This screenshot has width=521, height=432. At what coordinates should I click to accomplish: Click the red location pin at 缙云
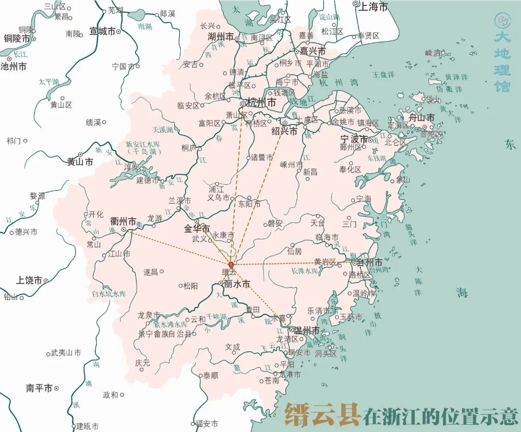pos(231,265)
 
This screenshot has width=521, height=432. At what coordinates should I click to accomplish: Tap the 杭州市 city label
pos(261,103)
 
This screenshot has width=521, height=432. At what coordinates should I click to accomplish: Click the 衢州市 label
pos(123,222)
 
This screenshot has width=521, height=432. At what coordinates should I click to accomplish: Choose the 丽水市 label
pos(237,284)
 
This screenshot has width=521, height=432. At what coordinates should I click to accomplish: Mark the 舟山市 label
pos(421,118)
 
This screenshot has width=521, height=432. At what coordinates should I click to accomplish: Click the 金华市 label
pos(197,228)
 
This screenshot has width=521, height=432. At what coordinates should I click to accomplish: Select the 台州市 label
pos(370,263)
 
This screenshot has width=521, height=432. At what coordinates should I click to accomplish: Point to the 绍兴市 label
pos(285,131)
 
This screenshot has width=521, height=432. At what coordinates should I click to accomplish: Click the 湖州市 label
pos(220,37)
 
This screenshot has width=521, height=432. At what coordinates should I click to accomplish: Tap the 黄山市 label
pos(80,162)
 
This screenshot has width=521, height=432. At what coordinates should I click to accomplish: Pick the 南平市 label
pos(39,388)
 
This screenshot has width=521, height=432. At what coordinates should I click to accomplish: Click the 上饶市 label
pos(29,280)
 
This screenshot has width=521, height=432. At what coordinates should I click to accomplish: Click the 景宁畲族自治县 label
pos(164,334)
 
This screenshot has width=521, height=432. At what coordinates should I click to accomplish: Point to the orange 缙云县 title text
pos(322,414)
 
